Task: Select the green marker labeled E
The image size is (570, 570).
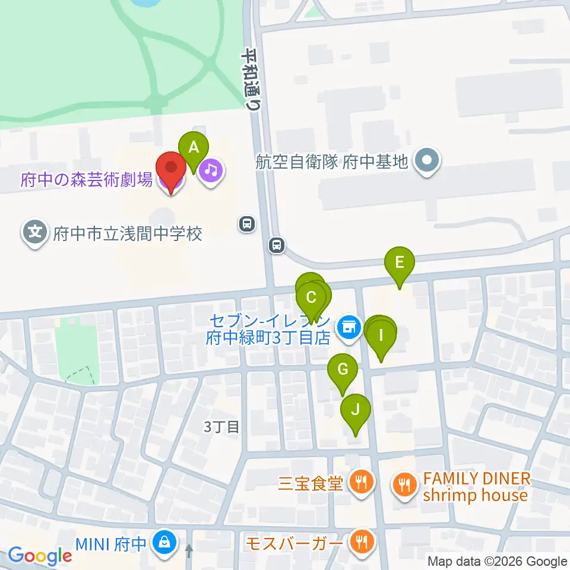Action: (400, 263)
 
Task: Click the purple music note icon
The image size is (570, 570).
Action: (211, 171)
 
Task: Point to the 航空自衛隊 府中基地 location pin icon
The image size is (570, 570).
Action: (426, 160)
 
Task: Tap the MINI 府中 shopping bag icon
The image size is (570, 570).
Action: (161, 542)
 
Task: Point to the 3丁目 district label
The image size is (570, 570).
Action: (221, 426)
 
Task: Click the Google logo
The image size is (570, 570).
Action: (40, 556)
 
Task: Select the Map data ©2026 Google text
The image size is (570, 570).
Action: (498, 562)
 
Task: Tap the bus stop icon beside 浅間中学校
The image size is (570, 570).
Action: (246, 224)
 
